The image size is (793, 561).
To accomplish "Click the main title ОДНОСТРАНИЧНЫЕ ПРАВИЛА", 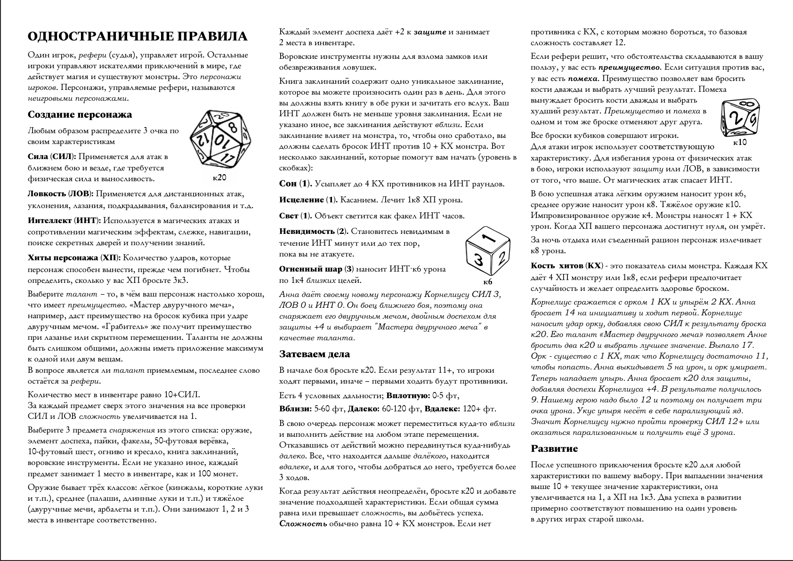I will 137,37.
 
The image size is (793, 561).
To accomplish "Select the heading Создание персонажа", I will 80,115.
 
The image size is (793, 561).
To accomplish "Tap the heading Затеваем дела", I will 315,354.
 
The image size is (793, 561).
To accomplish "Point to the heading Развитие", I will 554,449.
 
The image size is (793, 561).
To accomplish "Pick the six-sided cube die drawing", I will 487,253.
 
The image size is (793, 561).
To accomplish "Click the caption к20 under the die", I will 219,178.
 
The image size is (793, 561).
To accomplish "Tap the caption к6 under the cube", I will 487,282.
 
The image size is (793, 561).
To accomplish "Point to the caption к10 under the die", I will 740,142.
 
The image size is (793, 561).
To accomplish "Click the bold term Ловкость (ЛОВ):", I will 60,194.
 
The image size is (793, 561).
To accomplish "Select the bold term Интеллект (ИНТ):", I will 64,221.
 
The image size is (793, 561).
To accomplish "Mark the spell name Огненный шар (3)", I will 316,269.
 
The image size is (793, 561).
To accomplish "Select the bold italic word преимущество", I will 629,68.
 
